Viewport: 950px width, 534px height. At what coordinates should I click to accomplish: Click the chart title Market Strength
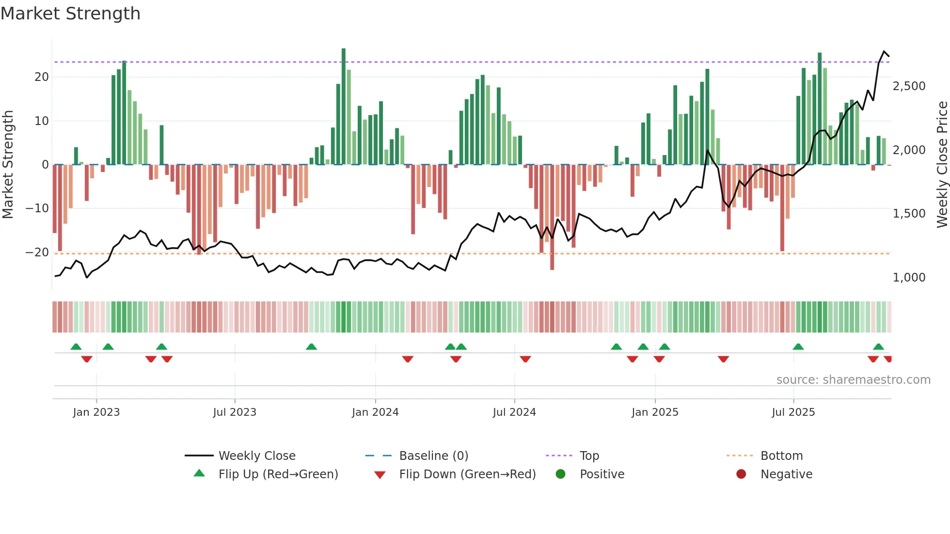point(70,14)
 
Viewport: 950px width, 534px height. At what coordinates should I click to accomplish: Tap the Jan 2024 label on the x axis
point(375,412)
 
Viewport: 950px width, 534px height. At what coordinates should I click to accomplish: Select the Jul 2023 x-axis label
point(235,412)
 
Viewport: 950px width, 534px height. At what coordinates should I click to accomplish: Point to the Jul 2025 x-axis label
point(793,412)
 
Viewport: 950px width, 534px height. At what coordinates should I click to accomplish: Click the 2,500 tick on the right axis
point(909,86)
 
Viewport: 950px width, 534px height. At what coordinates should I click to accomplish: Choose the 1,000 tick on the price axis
point(909,278)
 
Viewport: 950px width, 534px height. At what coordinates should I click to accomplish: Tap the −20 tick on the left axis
point(37,252)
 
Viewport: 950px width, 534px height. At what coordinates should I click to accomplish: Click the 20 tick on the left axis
point(42,77)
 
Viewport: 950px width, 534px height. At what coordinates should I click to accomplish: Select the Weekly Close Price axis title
point(942,165)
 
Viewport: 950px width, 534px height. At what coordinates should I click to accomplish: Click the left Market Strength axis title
point(8,165)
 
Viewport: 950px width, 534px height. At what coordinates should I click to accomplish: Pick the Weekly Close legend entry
point(257,456)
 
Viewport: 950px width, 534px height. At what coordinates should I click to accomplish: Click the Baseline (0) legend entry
point(433,456)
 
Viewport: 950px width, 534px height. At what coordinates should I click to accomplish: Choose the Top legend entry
point(589,456)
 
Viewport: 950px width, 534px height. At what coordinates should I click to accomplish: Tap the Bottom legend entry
point(781,456)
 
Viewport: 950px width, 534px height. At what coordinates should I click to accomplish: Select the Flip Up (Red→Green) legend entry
point(278,474)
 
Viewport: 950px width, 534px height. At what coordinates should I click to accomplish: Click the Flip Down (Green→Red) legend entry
point(467,474)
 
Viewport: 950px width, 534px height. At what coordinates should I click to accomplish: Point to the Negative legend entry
point(786,474)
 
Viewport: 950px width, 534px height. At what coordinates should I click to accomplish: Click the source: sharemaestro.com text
point(853,380)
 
